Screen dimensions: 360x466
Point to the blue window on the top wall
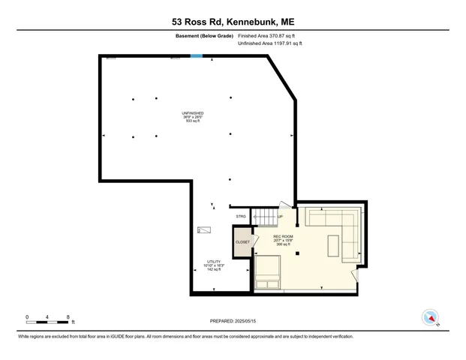197,55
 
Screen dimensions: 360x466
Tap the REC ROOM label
283,240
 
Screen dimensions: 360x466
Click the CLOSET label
242,242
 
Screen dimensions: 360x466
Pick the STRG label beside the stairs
241,217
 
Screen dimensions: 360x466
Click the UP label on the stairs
281,217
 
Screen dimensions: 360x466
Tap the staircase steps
264,217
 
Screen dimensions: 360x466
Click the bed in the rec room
267,271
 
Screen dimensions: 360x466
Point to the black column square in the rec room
298,253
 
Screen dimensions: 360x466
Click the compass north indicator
431,317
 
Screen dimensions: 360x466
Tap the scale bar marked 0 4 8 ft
49,320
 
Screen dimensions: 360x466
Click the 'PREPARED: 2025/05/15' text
233,321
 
